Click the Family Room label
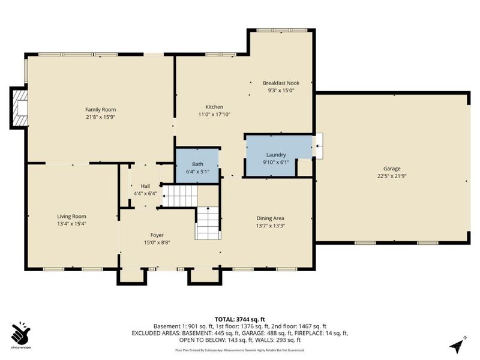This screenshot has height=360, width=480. pos(100,109)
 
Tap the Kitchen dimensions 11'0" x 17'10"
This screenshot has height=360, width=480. pos(214,114)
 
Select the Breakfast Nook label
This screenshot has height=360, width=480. pos(281,83)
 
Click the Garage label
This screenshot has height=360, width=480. pos(392,169)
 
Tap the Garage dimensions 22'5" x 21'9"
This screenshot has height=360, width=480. pos(392,176)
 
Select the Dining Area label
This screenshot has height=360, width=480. pos(269,218)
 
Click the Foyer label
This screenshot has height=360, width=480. pos(157,235)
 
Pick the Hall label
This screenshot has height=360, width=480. pos(145,186)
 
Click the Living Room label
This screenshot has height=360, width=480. pos(71,216)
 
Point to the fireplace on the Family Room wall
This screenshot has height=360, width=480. pos(20,108)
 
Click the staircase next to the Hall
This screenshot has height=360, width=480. pos(181,196)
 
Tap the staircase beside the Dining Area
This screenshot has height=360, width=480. pos(208,223)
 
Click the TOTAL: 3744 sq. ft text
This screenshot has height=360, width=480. pos(239,319)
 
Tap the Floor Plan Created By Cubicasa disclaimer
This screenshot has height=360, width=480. pos(239,349)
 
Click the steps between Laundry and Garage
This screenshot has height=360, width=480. pos(318,145)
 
